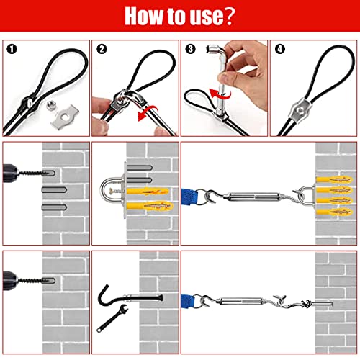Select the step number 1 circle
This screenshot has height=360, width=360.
click(x=12, y=49)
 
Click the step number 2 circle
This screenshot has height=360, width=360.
click(x=102, y=49)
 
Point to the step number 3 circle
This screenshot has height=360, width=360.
click(x=190, y=49)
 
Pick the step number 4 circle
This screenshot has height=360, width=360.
click(x=280, y=49)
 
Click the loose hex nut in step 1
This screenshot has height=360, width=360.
click(x=51, y=105)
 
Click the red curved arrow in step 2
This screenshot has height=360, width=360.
click(x=147, y=113)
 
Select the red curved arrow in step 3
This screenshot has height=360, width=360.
click(x=220, y=94)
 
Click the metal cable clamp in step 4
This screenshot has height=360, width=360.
click(x=300, y=110)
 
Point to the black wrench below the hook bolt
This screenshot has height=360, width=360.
click(x=112, y=318)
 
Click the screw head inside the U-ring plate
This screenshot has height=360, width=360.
click(x=111, y=192)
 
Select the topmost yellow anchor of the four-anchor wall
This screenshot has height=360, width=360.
click(x=335, y=180)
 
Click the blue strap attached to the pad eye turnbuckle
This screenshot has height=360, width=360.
click(x=189, y=197)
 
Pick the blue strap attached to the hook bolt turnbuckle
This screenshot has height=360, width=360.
click(x=188, y=301)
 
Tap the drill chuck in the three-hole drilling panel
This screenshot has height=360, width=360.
click(x=10, y=174)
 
